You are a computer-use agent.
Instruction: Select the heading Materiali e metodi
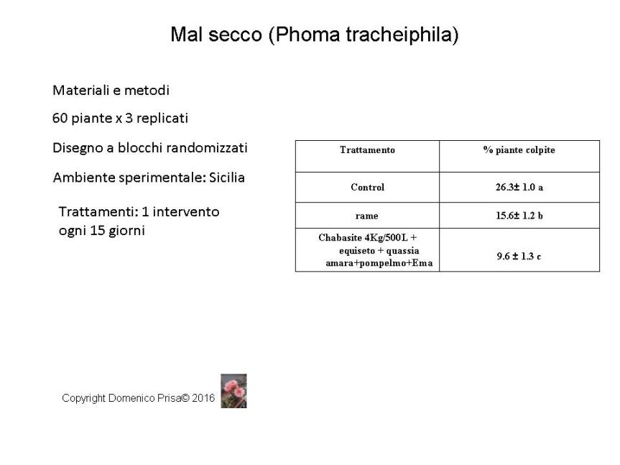point(111,91)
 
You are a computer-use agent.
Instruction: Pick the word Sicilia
point(226,178)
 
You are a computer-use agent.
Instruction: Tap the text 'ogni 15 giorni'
point(101,231)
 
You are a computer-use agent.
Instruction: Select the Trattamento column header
point(367,150)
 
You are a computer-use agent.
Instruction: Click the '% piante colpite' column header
point(519,150)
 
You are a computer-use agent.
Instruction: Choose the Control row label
point(367,188)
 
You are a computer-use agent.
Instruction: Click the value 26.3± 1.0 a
point(519,188)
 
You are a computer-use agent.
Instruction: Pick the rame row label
point(367,216)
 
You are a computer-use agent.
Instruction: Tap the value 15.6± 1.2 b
point(519,216)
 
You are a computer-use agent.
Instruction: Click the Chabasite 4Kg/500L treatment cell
point(367,250)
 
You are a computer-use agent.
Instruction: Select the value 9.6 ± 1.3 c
point(519,256)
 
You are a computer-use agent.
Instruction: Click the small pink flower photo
point(233,391)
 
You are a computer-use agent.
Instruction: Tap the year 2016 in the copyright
point(203,397)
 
